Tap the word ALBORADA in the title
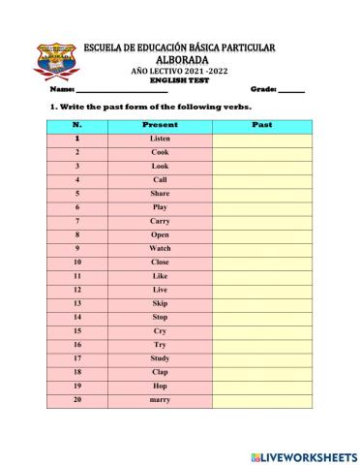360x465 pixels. [180, 59]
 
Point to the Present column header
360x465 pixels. [160, 125]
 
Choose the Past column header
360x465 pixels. [261, 125]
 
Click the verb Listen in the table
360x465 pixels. [160, 139]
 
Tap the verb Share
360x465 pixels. [160, 193]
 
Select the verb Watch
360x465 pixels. [160, 248]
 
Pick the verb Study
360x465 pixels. [160, 357]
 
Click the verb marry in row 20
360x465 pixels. [160, 399]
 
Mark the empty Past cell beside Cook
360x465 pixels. [261, 152]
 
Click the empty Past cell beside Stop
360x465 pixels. [261, 317]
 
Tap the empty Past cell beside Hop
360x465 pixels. [261, 386]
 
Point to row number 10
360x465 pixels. [76, 262]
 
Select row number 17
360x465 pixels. [76, 357]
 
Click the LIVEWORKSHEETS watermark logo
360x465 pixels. [303, 455]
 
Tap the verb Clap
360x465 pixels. [160, 372]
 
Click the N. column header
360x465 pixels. [76, 125]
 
